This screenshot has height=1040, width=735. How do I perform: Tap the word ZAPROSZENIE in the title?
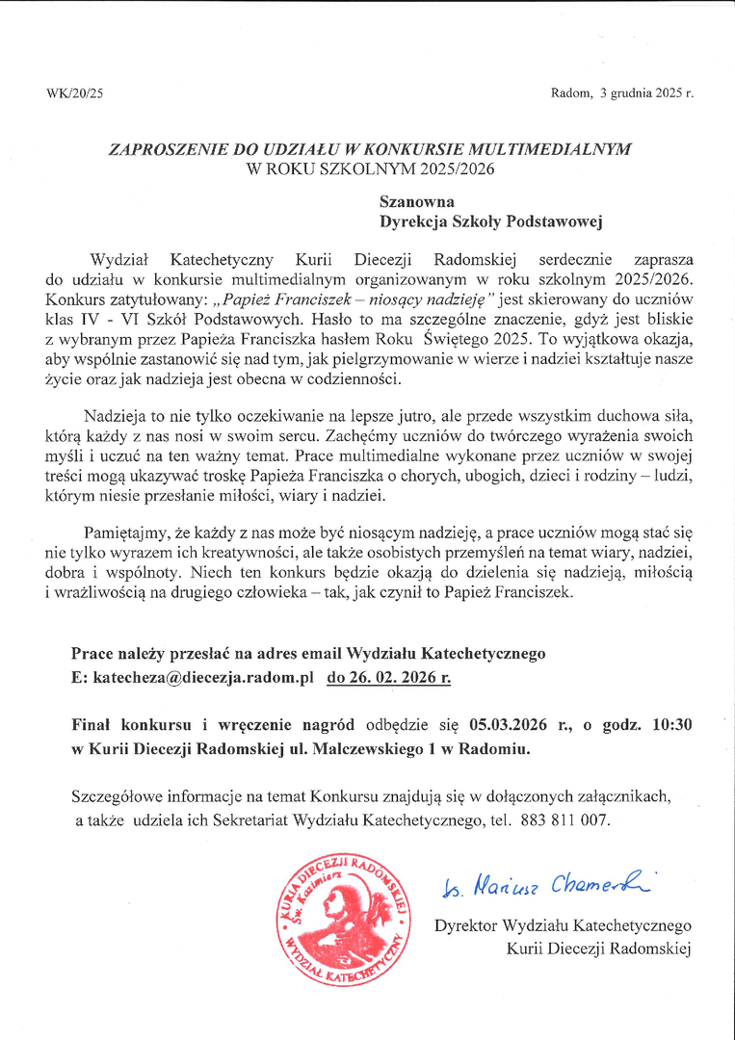(165, 150)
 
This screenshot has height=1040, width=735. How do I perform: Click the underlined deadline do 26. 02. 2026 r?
(389, 678)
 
